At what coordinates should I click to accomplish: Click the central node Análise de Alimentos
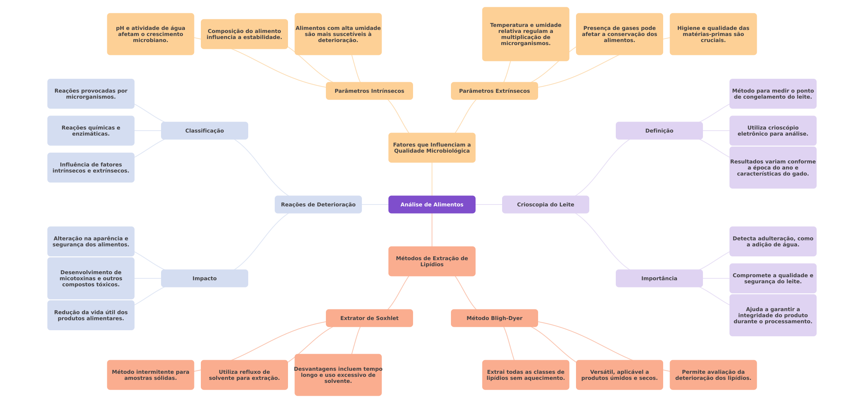pos(432,204)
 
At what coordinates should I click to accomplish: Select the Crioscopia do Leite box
pos(545,204)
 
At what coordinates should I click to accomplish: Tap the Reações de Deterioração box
pos(318,204)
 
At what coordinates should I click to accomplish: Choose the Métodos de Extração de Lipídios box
pos(432,261)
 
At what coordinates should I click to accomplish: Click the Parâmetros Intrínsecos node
pos(369,91)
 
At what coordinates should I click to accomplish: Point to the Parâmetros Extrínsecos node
pos(494,91)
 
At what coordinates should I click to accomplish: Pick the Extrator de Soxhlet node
pos(369,318)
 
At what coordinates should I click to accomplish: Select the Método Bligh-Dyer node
pos(494,318)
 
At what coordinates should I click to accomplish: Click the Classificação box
pos(204,131)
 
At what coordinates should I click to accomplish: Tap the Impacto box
pos(204,278)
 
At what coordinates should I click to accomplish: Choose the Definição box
pos(659,131)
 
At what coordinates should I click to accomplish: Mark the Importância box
pos(659,278)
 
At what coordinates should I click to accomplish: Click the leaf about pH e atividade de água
pos(150,34)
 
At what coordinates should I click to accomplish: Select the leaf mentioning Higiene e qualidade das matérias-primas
pos(713,34)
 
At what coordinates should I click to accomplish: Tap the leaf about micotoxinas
pos(91,278)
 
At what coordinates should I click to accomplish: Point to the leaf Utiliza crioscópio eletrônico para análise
pos(773,131)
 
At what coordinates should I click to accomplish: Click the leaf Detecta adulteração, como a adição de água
pos(773,242)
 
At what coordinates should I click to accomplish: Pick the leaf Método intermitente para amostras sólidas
pos(150,375)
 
